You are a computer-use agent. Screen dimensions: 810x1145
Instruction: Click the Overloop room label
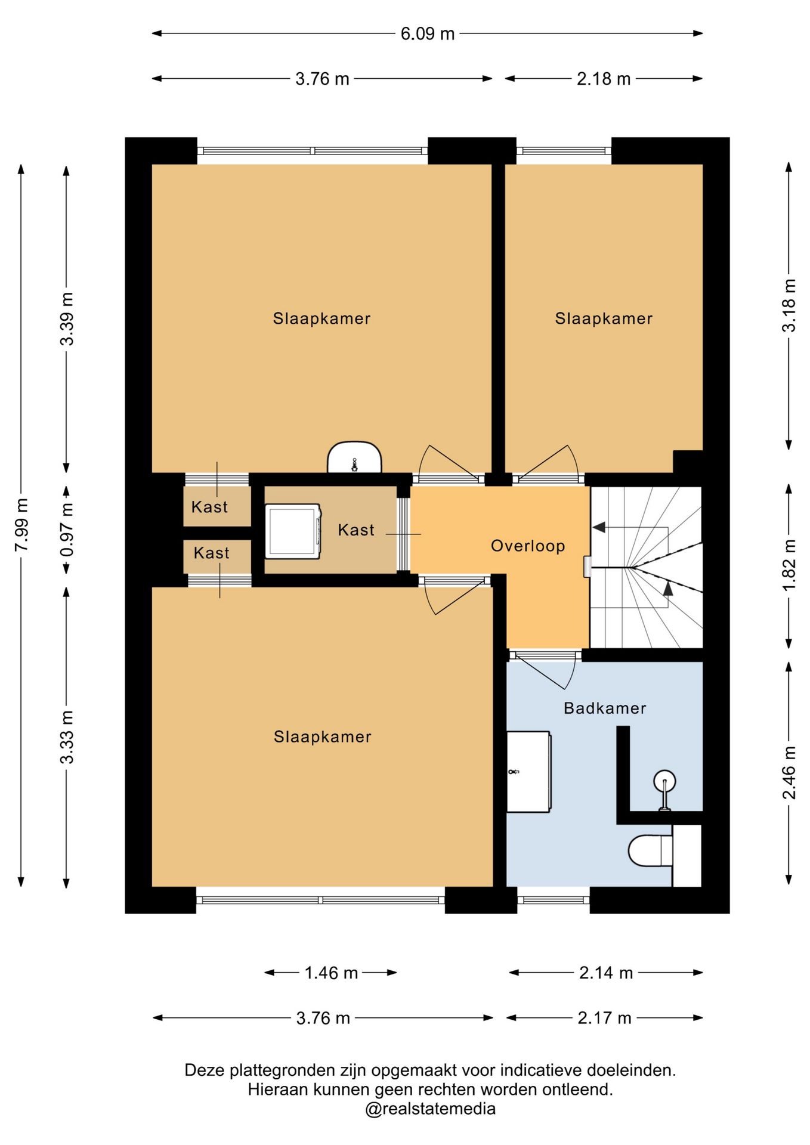(x=528, y=546)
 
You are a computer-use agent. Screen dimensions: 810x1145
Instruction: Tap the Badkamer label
(x=605, y=708)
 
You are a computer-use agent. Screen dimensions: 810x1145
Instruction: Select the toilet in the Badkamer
(x=651, y=850)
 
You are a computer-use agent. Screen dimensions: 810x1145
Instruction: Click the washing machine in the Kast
(x=293, y=531)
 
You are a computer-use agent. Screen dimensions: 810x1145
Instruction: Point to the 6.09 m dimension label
(x=427, y=34)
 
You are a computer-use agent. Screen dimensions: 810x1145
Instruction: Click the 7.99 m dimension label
(x=21, y=525)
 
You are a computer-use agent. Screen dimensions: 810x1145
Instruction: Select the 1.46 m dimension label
(x=331, y=973)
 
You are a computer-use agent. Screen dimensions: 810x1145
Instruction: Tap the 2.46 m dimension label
(x=789, y=772)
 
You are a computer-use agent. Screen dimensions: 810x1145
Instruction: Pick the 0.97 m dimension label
(x=67, y=530)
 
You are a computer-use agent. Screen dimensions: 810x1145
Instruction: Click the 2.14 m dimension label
(x=606, y=973)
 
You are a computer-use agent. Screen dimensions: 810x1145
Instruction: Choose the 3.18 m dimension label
(x=789, y=305)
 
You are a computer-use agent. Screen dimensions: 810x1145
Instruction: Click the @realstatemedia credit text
(x=431, y=1109)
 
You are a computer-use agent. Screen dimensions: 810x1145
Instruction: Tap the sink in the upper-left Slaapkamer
(x=354, y=457)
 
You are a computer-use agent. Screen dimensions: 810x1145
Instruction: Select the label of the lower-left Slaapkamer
(x=323, y=737)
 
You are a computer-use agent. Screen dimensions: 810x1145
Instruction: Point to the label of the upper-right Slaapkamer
(x=604, y=318)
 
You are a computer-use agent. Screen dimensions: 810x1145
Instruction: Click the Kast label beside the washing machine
(x=356, y=530)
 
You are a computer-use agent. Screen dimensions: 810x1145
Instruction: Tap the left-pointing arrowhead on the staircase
(x=599, y=528)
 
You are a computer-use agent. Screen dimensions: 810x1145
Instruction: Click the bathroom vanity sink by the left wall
(x=528, y=772)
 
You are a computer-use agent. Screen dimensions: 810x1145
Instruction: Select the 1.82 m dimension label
(x=789, y=565)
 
